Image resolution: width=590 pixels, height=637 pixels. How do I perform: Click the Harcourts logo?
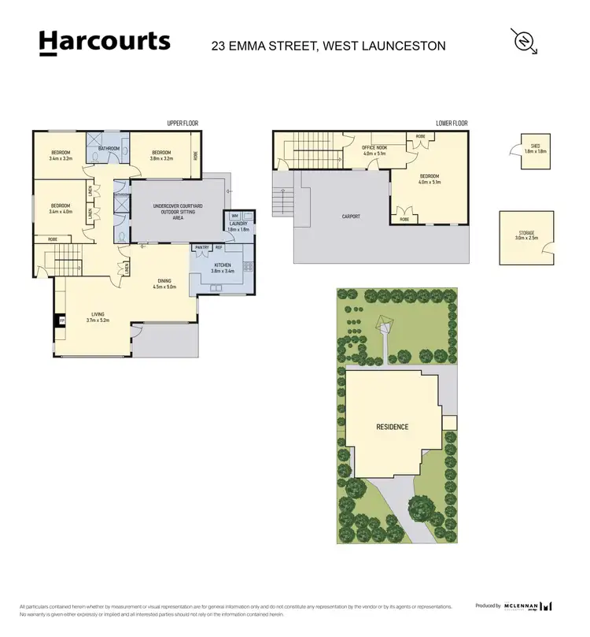click(104, 43)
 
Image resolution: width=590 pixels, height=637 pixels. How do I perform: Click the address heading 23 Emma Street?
click(328, 46)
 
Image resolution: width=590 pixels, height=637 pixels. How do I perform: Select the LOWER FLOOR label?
click(452, 124)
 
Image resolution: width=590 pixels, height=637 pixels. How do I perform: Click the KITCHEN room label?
click(221, 269)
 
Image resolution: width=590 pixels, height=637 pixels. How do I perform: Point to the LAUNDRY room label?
click(239, 226)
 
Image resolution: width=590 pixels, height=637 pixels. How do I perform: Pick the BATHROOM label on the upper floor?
click(108, 148)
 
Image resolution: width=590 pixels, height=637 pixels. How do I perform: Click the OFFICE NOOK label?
click(374, 150)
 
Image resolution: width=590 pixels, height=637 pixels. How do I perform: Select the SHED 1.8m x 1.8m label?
click(536, 148)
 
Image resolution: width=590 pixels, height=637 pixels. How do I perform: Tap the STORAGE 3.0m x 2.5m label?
click(526, 235)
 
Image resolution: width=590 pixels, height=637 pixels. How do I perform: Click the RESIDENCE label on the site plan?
click(391, 427)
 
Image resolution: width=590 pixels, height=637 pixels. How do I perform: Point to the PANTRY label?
click(201, 247)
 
